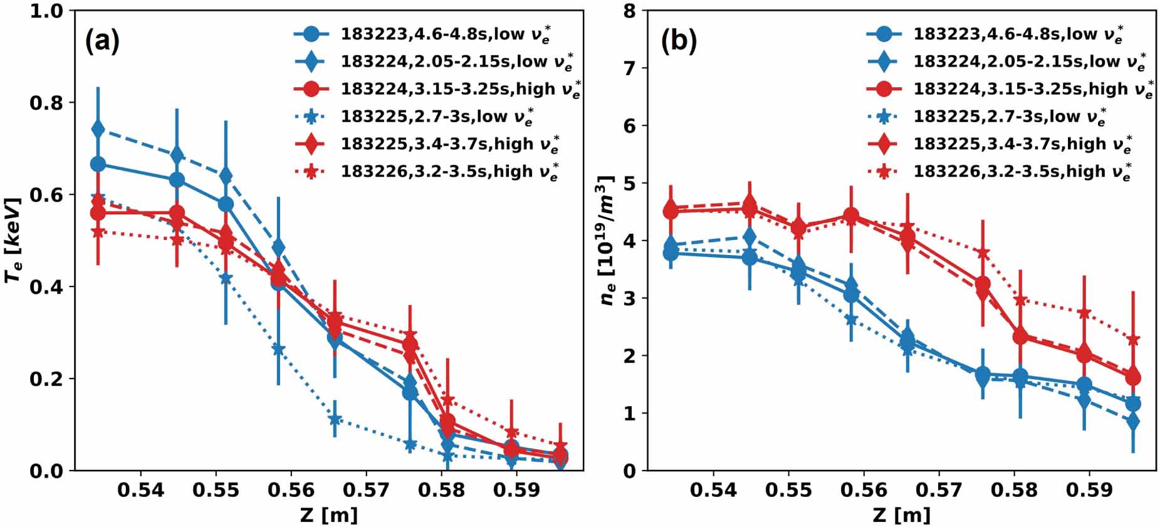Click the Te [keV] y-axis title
click(14, 240)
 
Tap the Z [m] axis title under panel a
click(328, 514)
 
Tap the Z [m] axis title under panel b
click(901, 514)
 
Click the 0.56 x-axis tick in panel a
click(291, 489)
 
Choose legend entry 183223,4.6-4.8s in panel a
click(445, 34)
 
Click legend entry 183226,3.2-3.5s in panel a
click(449, 171)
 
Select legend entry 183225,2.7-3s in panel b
click(1009, 116)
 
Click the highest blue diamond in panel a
click(98, 129)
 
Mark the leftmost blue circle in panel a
click(98, 164)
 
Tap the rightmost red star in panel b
click(1133, 340)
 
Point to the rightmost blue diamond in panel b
click(1133, 422)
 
